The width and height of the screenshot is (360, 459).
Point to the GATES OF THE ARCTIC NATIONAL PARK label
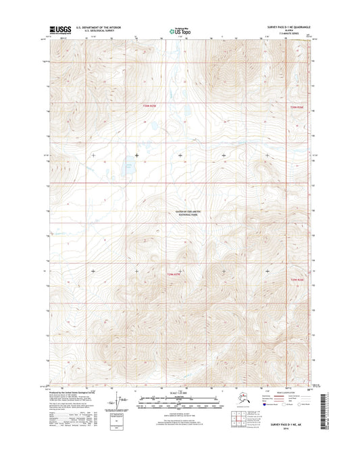click(179, 214)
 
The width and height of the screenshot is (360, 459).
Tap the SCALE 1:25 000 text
click(179, 395)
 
